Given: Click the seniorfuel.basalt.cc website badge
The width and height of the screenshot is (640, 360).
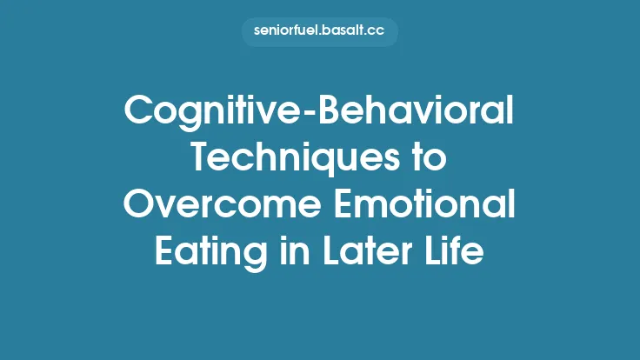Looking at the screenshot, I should click(x=319, y=32).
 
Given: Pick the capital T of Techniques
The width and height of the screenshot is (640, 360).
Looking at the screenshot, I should click(x=200, y=158).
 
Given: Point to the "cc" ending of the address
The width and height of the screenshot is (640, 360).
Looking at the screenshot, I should click(x=378, y=32).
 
